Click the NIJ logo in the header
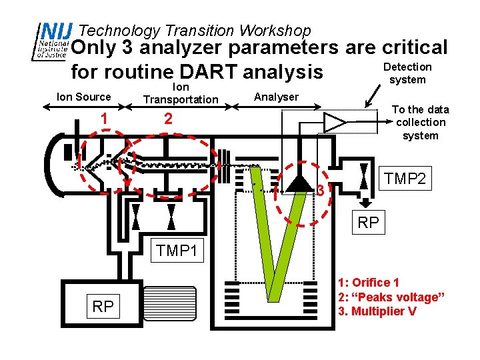tap(52, 41)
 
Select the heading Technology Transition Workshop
tap(195, 31)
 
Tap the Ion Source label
tap(84, 97)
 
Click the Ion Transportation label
tap(181, 93)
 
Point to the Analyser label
tap(277, 97)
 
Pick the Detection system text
tap(407, 73)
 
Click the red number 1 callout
tap(104, 119)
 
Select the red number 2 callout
tap(168, 119)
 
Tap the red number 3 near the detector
tap(321, 191)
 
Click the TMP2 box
tap(405, 178)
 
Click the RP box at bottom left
tap(103, 306)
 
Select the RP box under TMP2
tap(368, 222)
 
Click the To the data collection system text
tap(420, 122)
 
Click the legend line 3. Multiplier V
tap(377, 311)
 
